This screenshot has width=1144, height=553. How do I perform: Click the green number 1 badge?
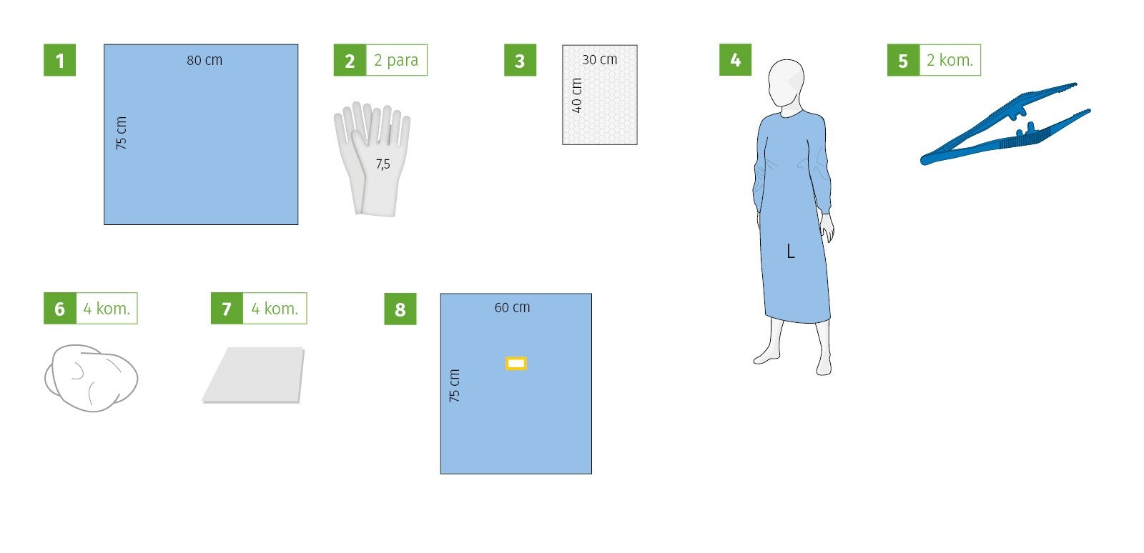pyautogui.click(x=60, y=60)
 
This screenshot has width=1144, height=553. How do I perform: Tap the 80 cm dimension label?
pyautogui.click(x=204, y=60)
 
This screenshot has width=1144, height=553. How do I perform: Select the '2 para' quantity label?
pyautogui.click(x=396, y=60)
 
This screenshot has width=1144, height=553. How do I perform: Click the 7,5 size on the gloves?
pyautogui.click(x=383, y=164)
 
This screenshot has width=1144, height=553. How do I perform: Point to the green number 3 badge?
pyautogui.click(x=520, y=60)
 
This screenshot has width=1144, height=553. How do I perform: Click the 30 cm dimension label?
pyautogui.click(x=600, y=60)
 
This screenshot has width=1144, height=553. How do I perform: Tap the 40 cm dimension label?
pyautogui.click(x=576, y=96)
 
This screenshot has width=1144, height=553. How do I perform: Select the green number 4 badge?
pyautogui.click(x=736, y=60)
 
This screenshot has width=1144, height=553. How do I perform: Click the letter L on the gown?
pyautogui.click(x=791, y=251)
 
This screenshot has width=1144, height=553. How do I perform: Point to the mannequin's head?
pyautogui.click(x=786, y=83)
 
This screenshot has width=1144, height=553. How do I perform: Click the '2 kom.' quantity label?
pyautogui.click(x=950, y=60)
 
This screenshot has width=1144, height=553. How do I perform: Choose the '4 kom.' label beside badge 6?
pyautogui.click(x=107, y=308)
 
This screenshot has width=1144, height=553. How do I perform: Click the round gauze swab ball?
pyautogui.click(x=92, y=377)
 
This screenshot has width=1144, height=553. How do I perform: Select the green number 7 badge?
pyautogui.click(x=227, y=308)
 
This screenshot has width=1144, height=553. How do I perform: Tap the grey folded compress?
pyautogui.click(x=254, y=376)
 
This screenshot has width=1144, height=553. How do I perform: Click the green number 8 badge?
pyautogui.click(x=400, y=309)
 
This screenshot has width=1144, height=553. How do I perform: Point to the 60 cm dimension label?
pyautogui.click(x=512, y=308)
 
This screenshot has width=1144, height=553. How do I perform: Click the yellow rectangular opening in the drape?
pyautogui.click(x=516, y=363)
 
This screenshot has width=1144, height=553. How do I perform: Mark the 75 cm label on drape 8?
pyautogui.click(x=454, y=385)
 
